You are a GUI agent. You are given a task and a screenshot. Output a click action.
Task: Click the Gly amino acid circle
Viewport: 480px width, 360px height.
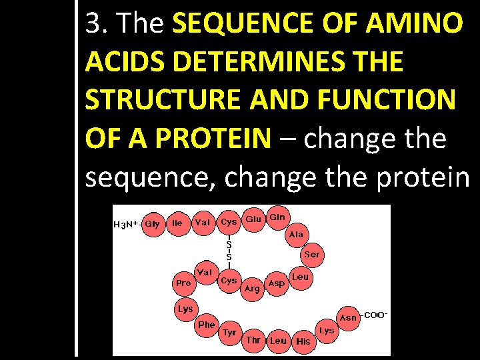tap(152, 223)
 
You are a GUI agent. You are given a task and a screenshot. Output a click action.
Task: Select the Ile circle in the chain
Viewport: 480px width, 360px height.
tap(177, 222)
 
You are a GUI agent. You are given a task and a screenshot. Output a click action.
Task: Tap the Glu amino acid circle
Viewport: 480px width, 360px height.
tap(253, 219)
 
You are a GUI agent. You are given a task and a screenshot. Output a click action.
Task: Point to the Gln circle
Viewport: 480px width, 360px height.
tap(277, 218)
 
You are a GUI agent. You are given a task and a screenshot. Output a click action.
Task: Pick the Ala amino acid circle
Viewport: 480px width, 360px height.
tap(296, 235)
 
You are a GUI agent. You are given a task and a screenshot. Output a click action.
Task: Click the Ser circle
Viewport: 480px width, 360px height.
tap(311, 255)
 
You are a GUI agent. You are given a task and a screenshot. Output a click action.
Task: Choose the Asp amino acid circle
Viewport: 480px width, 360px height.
tap(276, 283)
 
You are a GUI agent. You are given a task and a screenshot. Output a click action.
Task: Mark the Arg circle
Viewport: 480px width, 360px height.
tap(252, 288)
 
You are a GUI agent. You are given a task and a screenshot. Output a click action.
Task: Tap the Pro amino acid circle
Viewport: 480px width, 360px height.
tap(183, 283)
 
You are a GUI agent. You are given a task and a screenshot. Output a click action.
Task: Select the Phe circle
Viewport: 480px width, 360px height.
tap(207, 325)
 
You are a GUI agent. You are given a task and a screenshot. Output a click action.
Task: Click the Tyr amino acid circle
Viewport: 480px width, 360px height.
tap(229, 333)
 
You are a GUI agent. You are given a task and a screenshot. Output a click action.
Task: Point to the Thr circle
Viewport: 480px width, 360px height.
tap(253, 340)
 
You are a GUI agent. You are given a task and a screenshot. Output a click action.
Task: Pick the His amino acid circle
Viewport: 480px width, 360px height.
tap(303, 341)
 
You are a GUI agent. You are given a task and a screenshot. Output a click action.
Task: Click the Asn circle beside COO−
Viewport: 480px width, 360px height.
tap(348, 318)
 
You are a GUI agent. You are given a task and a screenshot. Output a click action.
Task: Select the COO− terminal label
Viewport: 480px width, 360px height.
tap(375, 315)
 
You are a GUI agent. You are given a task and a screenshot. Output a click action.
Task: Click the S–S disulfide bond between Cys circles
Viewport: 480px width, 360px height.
tap(229, 251)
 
